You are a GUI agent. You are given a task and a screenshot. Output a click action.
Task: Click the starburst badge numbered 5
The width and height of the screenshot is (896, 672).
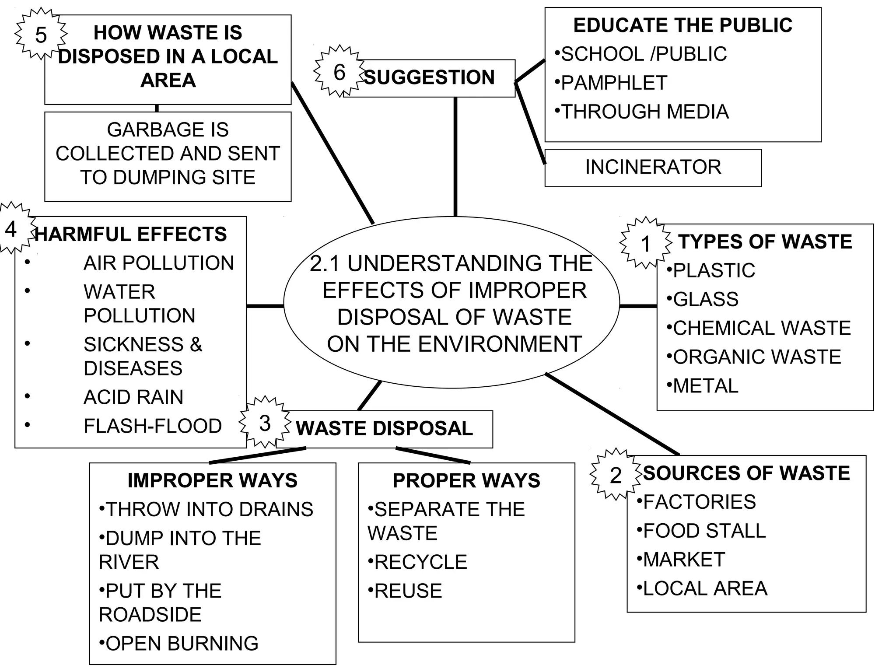41,34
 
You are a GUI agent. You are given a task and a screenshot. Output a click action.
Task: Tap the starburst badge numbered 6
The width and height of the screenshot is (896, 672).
339,71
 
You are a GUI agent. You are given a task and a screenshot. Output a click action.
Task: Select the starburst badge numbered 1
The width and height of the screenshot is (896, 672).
646,243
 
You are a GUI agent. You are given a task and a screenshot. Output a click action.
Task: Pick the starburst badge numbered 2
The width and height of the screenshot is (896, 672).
616,475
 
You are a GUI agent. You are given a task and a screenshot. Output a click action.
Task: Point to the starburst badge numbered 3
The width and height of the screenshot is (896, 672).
265,423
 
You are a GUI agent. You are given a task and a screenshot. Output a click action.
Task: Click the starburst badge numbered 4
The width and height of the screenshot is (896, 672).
12,228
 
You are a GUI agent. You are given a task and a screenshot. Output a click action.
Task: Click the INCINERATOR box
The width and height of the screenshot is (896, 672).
653,168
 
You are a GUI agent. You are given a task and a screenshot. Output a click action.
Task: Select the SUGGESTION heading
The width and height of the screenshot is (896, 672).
429,77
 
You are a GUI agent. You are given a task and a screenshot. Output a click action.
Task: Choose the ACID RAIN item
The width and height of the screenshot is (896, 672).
133,397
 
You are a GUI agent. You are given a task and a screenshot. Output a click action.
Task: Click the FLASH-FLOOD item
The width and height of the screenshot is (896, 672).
153,426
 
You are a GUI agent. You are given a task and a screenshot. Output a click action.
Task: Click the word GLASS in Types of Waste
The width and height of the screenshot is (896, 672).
705,300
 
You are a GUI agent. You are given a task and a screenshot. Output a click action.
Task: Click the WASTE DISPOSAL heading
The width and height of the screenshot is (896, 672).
384,428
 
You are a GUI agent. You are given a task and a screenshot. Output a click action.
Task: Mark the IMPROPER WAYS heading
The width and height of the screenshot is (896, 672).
213,480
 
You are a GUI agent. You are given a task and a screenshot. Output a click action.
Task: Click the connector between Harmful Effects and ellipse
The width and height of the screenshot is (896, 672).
265,306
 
